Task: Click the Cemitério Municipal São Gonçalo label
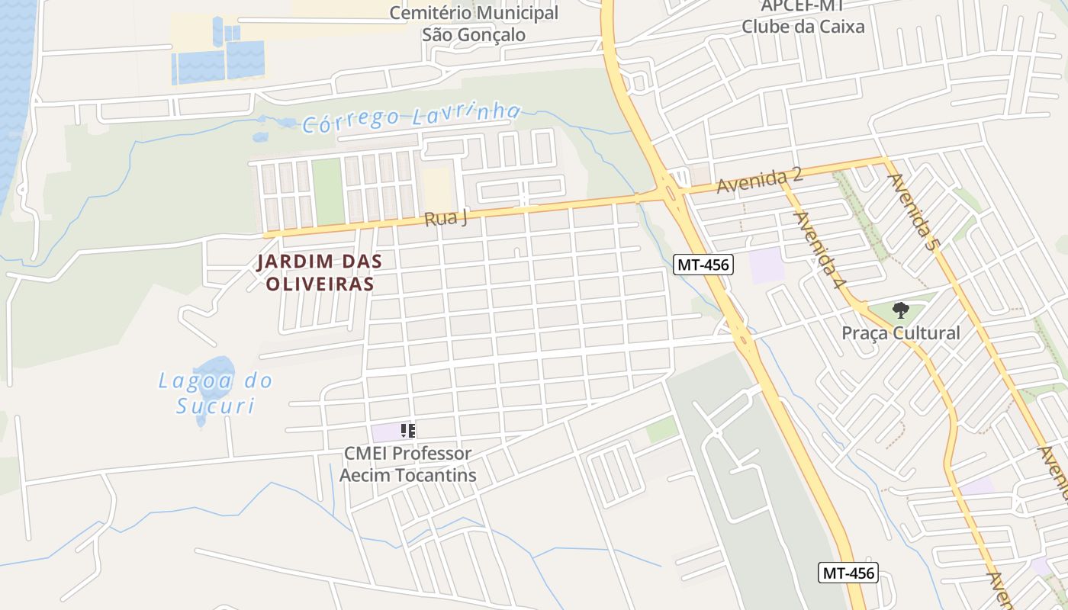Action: tap(474, 24)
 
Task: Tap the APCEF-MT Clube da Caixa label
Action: tap(803, 16)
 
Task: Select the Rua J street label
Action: tap(446, 218)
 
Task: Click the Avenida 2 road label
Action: tap(759, 181)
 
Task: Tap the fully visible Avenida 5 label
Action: tap(912, 212)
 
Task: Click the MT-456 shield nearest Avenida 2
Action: tap(703, 265)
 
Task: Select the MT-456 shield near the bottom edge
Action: tap(848, 573)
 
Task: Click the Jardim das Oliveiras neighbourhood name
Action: tap(318, 272)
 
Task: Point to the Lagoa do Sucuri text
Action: tap(215, 393)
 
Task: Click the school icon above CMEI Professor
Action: tap(408, 431)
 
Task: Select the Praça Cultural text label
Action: tap(900, 333)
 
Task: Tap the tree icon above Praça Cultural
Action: tap(900, 310)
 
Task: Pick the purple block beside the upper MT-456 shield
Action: tap(766, 265)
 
